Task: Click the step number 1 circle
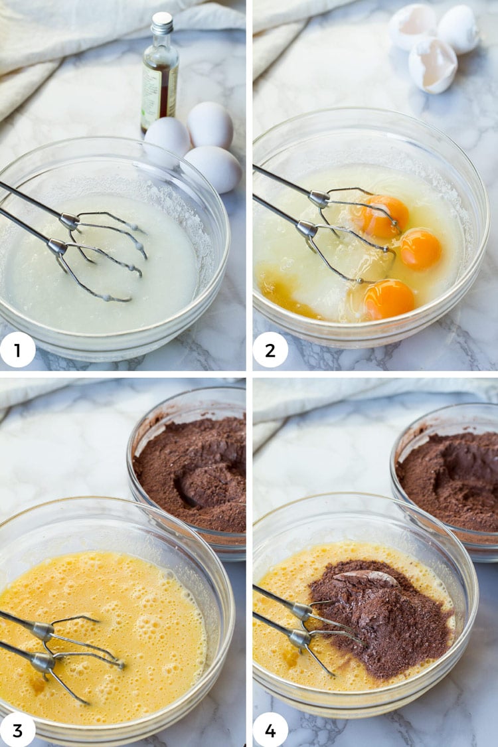(x=18, y=350)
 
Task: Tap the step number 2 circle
(x=270, y=350)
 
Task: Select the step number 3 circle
(x=18, y=730)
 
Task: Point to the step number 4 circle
(x=270, y=730)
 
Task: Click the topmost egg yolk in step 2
(x=384, y=216)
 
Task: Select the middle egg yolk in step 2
(x=420, y=250)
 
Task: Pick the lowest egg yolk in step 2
(x=388, y=299)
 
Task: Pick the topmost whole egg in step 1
(x=210, y=125)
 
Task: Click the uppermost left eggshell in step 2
(x=412, y=26)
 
